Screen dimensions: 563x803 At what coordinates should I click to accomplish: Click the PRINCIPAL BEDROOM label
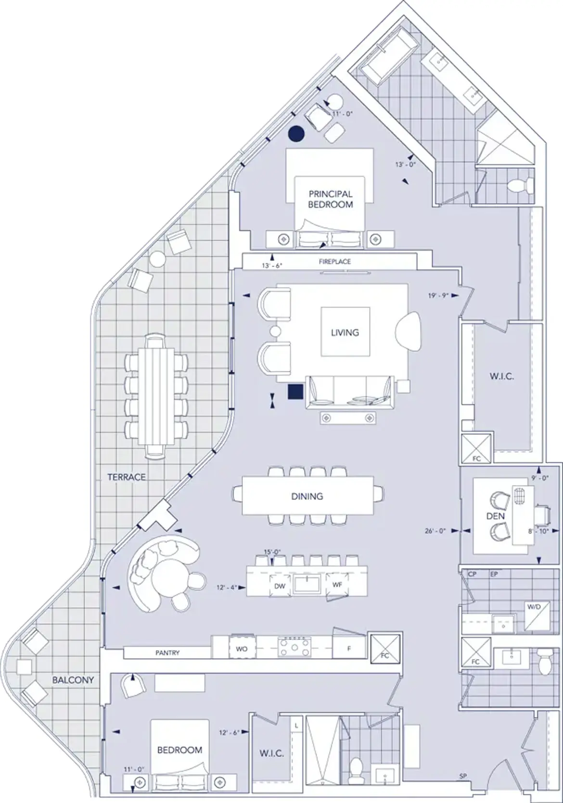(x=331, y=199)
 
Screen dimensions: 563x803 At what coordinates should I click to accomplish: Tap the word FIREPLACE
(x=334, y=262)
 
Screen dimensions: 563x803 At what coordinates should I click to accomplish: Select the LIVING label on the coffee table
(x=345, y=332)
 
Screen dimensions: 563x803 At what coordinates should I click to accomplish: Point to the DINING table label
(x=307, y=496)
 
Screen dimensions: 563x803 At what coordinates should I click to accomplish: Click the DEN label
(x=496, y=516)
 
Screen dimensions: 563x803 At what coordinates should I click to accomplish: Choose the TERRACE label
(x=127, y=477)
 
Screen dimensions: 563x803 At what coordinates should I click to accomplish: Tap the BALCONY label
(x=73, y=680)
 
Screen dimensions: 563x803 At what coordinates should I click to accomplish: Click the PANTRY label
(x=167, y=653)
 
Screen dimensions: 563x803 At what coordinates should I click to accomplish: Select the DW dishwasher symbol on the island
(x=280, y=586)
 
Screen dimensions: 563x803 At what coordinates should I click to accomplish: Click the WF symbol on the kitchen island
(x=337, y=586)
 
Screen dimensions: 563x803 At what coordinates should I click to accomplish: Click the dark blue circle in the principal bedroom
(x=296, y=134)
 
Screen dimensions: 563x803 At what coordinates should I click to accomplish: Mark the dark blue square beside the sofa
(x=295, y=392)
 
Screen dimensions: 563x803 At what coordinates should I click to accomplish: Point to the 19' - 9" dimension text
(x=438, y=296)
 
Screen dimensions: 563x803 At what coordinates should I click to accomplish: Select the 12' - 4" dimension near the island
(x=227, y=587)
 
